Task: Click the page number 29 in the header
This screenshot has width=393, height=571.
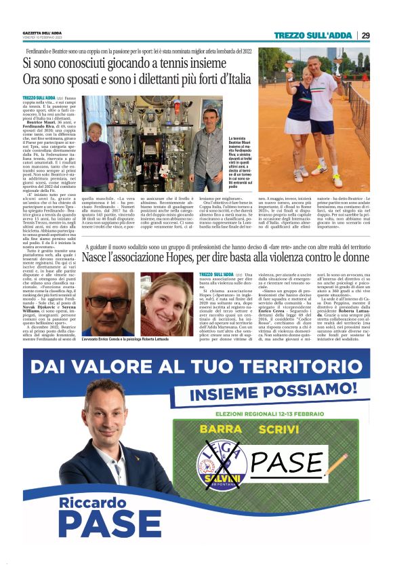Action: [366, 35]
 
